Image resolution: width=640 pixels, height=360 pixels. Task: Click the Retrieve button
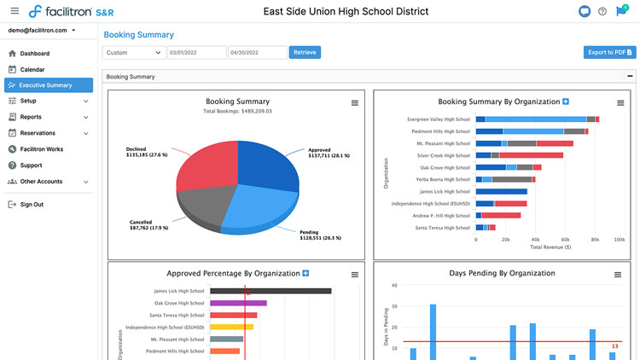coord(305,52)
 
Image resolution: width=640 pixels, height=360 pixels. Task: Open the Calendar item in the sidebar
coord(32,69)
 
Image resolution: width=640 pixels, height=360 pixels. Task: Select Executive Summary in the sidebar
coord(45,85)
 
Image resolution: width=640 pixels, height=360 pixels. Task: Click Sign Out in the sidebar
coord(32,205)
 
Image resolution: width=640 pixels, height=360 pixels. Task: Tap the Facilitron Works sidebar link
coord(42,149)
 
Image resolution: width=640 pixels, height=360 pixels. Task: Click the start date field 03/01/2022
coord(196,52)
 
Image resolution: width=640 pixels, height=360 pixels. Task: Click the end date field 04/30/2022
coord(257,52)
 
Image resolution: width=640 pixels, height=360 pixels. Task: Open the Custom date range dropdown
coord(134,52)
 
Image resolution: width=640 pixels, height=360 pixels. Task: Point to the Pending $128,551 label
coord(321,235)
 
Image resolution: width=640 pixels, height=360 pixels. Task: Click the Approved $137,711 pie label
coord(328,153)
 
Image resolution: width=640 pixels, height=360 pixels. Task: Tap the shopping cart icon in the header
coord(620,11)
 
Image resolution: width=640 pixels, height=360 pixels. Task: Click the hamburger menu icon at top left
coord(14,11)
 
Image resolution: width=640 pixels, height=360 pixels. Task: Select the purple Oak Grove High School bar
coord(238,303)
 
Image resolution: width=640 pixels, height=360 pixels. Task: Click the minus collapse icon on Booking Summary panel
coord(630,77)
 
